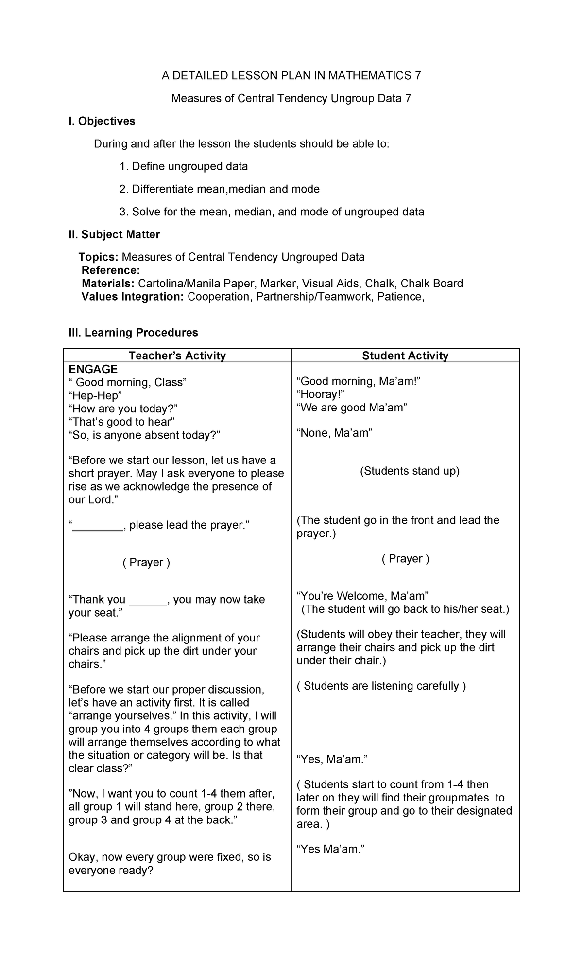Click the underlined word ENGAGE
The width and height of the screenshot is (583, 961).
93,369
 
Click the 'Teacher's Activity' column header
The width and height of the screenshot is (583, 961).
177,356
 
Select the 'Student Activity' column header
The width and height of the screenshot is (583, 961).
405,356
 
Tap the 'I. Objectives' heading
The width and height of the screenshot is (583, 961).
102,121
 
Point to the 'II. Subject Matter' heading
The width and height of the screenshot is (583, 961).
114,235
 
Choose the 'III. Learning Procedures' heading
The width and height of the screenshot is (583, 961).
133,333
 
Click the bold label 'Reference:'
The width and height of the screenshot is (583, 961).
111,270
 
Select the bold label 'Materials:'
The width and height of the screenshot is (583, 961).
108,284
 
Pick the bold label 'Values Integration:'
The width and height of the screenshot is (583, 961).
133,297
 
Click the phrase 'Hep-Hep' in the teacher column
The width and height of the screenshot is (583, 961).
95,395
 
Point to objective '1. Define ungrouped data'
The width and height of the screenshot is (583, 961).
184,167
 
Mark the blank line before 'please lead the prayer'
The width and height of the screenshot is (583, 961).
98,526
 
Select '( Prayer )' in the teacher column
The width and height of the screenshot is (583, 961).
146,563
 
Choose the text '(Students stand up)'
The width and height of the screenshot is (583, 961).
410,471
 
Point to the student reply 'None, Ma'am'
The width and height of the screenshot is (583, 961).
334,433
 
